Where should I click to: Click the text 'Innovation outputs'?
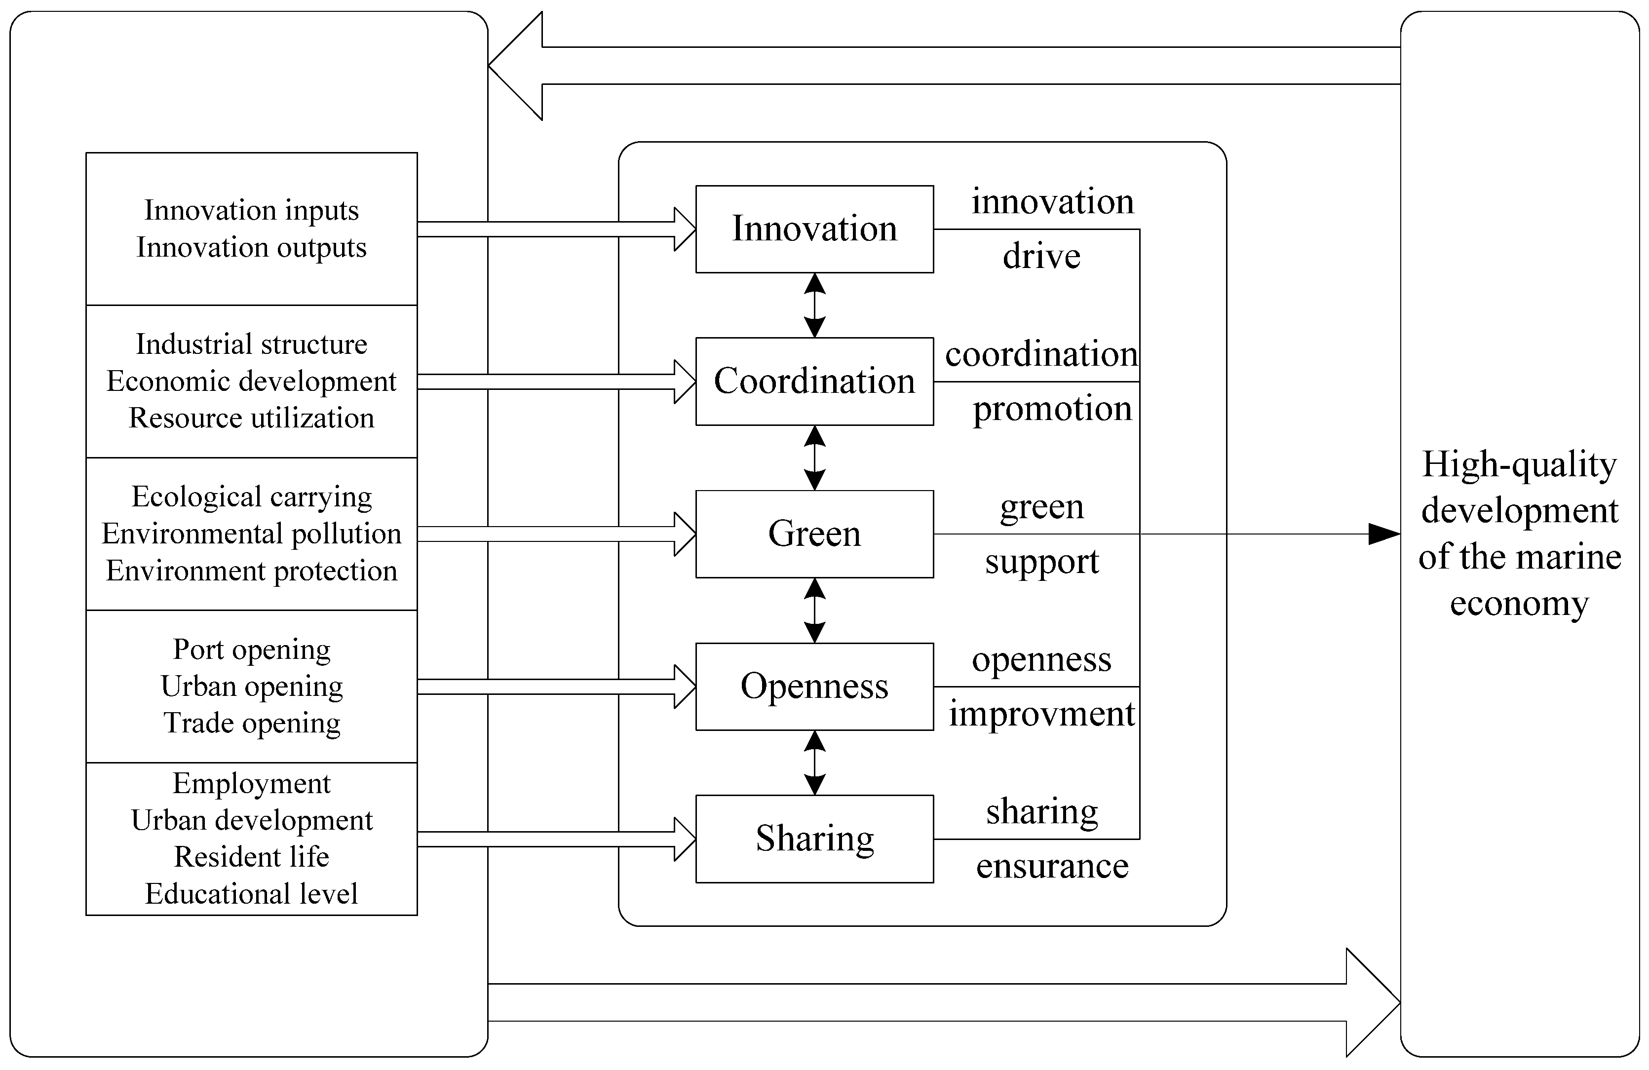coord(252,247)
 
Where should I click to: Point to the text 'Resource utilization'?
coord(252,418)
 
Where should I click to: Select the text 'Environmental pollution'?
coord(252,534)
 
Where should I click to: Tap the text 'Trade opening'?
coord(252,723)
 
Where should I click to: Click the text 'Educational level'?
coord(252,893)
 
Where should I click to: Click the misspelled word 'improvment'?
coord(1041,714)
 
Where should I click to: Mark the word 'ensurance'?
coord(1052,866)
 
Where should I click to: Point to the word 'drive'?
coord(1041,257)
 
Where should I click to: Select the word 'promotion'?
coord(1052,409)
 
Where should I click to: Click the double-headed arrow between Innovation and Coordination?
coord(815,305)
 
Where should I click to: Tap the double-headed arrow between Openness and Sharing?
coord(815,763)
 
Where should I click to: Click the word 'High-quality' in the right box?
coord(1519,464)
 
